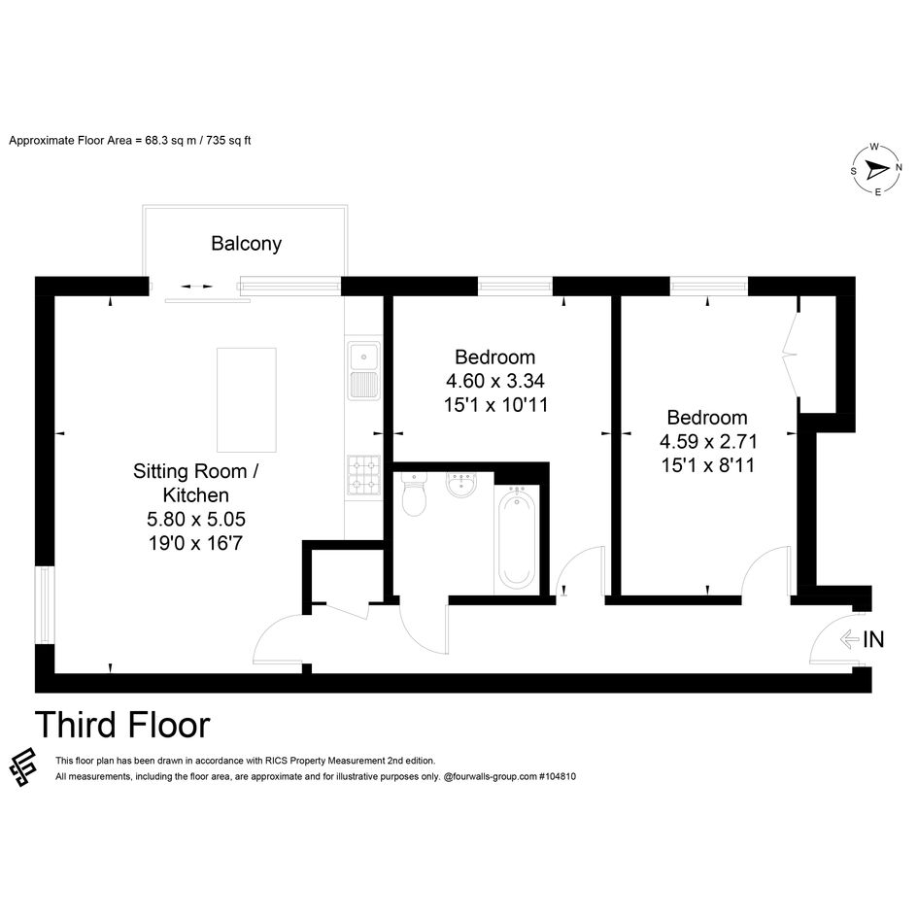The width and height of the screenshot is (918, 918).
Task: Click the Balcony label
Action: pos(246,244)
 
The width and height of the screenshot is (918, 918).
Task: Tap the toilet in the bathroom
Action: pos(414,494)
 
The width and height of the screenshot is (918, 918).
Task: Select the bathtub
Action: pos(517,537)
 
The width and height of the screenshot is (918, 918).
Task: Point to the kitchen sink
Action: pos(363,370)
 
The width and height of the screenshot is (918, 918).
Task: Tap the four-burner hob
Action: pos(363,474)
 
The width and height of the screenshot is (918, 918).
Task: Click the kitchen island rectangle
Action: pos(247,400)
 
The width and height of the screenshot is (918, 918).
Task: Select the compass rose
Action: pos(876,170)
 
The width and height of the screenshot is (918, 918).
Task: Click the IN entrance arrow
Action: pos(849,639)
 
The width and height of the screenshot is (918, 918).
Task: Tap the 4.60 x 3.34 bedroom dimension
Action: pos(495,381)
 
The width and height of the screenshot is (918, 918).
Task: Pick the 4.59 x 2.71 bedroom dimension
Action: pos(708,441)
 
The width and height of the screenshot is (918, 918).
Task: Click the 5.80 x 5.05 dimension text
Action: pos(196,519)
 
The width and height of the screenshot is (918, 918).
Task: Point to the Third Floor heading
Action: pos(122,725)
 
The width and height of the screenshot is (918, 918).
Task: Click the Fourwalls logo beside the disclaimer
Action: pos(23,767)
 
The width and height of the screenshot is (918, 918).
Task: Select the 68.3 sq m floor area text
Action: pos(170,141)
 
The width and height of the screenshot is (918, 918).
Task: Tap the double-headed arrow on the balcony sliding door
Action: pos(196,287)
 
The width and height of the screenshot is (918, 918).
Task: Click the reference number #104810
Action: pos(558,776)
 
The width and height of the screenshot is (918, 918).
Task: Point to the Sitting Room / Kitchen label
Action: pos(195,483)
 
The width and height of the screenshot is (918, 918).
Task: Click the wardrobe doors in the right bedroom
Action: pos(791,354)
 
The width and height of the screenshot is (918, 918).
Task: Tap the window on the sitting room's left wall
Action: pos(45,605)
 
